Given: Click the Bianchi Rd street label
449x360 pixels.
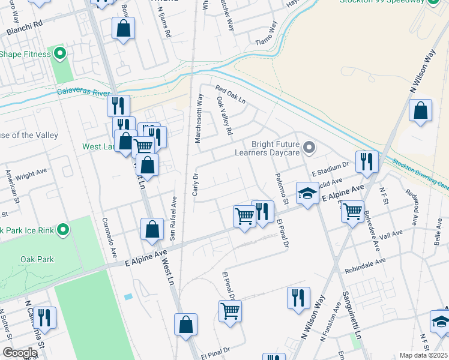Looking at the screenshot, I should point(25,28).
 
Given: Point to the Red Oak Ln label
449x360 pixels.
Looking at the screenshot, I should point(231,94).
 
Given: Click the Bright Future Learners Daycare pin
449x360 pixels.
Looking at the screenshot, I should point(309,147).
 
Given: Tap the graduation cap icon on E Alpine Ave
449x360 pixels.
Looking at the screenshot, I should point(307,194).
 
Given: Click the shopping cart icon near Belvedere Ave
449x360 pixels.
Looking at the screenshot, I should point(352,211).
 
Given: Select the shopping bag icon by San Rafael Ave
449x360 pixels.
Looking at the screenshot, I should point(152,229).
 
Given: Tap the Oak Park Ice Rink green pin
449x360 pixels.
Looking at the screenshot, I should point(62,230).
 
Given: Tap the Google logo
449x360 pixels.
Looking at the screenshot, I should point(20,353).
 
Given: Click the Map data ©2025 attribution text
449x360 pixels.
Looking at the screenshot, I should point(423,355).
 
